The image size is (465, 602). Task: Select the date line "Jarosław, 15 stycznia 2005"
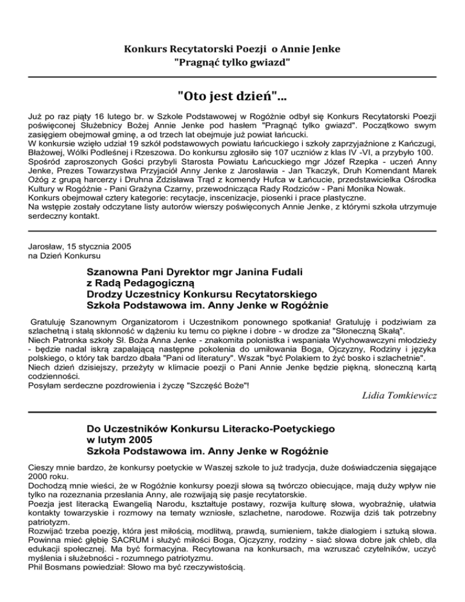[x=79, y=246]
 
